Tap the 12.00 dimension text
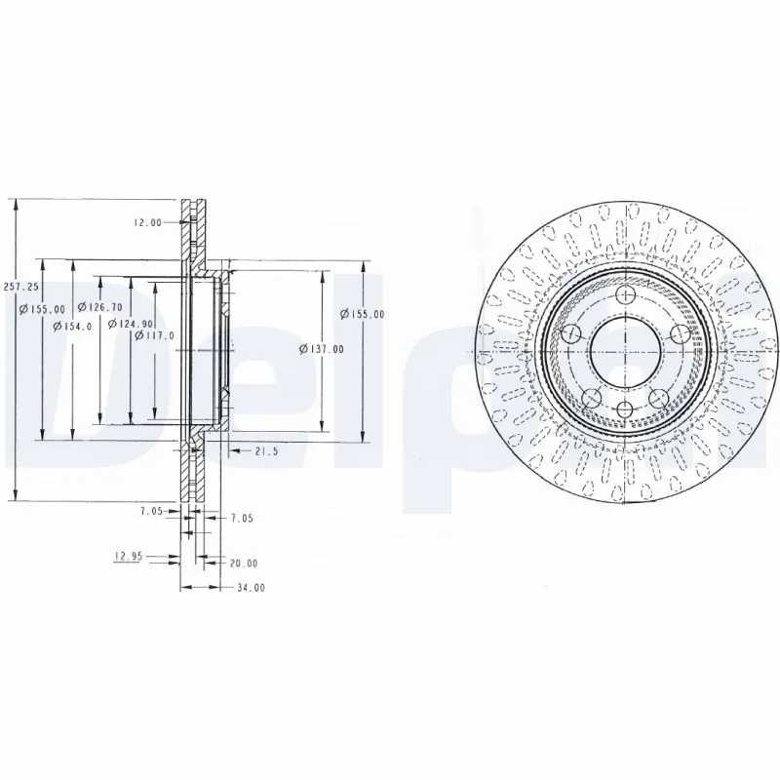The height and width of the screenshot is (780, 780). pyautogui.click(x=147, y=222)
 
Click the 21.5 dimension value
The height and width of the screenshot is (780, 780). pyautogui.click(x=266, y=451)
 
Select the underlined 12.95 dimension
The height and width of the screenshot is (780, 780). pyautogui.click(x=129, y=557)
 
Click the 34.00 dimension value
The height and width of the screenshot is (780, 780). pyautogui.click(x=251, y=588)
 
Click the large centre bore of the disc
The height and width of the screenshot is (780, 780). pyautogui.click(x=625, y=352)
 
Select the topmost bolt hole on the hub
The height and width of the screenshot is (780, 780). pyautogui.click(x=625, y=294)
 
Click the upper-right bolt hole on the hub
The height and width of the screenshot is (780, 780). pyautogui.click(x=679, y=334)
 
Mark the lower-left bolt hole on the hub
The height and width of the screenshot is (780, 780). pyautogui.click(x=592, y=398)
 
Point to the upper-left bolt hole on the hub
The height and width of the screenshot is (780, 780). pyautogui.click(x=571, y=334)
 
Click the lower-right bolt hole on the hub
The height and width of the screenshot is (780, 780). pyautogui.click(x=658, y=398)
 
